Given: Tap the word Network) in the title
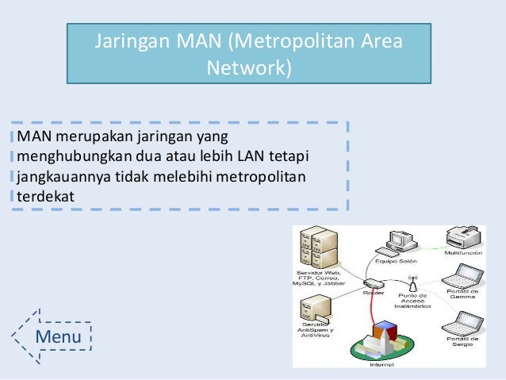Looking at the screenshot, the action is point(249,68).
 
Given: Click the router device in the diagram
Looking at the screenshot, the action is point(373,283).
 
